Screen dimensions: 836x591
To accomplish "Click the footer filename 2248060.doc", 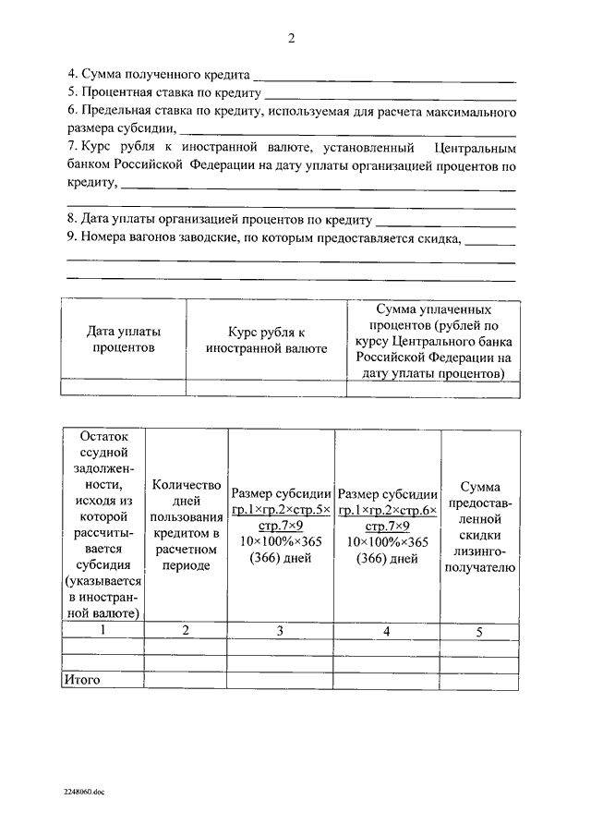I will [x=84, y=792].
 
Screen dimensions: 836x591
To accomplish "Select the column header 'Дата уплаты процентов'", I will [x=124, y=339].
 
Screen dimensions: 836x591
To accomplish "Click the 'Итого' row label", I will [x=81, y=680].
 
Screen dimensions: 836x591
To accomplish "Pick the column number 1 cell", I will [x=103, y=631].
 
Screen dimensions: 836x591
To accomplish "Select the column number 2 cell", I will [x=186, y=631].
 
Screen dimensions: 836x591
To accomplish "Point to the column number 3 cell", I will [x=281, y=631].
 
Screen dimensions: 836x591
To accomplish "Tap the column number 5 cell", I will [x=478, y=632].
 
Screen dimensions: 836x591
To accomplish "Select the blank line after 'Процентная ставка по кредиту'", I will [x=390, y=96].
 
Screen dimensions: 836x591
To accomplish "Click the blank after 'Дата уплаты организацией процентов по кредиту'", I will [x=446, y=223].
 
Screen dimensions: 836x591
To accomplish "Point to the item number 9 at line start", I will [x=71, y=238].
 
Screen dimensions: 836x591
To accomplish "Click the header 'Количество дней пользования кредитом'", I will [x=186, y=524].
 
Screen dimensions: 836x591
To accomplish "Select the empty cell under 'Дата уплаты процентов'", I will [x=124, y=388].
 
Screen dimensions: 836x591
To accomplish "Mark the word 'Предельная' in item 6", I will [x=114, y=112].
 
